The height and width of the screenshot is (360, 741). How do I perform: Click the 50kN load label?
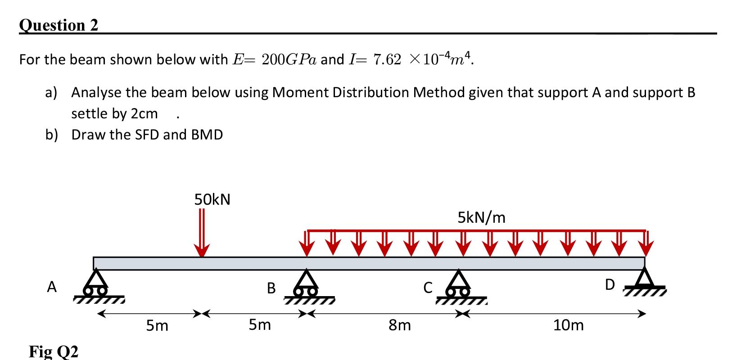tap(212, 199)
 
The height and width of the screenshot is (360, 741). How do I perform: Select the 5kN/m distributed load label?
tap(481, 218)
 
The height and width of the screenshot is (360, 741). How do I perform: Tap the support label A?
tap(52, 287)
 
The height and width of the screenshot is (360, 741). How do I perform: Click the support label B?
tap(271, 288)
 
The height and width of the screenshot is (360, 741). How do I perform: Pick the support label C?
tap(428, 287)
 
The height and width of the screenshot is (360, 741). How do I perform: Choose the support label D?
tap(610, 285)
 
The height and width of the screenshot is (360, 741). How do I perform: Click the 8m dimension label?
tap(400, 325)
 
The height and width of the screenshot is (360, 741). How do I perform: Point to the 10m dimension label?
tap(568, 325)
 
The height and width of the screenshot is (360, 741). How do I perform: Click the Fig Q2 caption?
tap(54, 351)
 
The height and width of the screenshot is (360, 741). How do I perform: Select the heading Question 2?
tap(59, 25)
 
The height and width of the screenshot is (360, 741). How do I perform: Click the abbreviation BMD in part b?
tap(207, 135)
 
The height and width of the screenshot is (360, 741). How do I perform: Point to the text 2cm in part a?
tap(144, 113)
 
